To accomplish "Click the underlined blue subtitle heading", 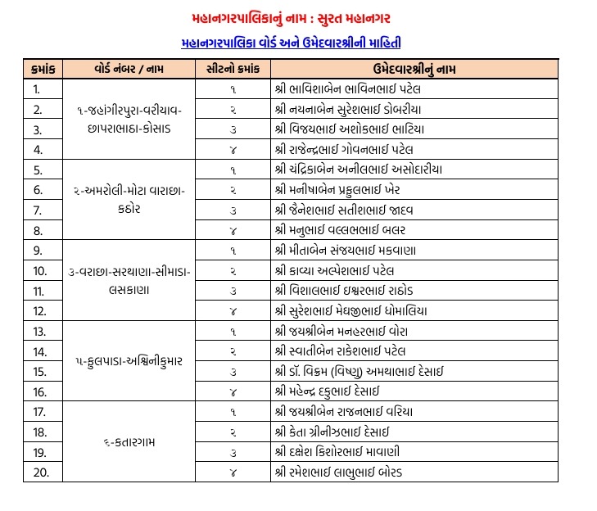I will [291, 43].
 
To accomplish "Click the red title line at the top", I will [291, 15].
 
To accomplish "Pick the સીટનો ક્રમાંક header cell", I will [233, 69].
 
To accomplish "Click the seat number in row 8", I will [233, 230].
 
